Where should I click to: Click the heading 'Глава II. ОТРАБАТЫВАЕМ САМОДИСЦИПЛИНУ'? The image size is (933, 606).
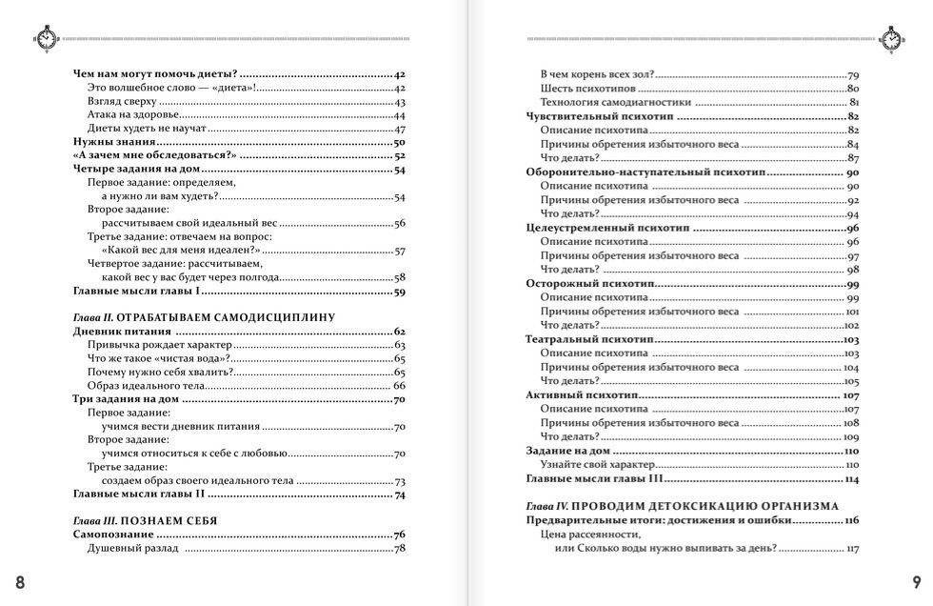point(208,316)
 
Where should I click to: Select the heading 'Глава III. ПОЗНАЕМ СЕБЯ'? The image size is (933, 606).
point(145,520)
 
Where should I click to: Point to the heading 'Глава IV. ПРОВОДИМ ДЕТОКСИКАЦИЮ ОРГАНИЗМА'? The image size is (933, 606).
point(682,506)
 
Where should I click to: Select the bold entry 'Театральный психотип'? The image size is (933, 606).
point(586,339)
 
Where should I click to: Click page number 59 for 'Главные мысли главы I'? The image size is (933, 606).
point(400,292)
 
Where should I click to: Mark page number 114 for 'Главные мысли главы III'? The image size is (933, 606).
point(851,478)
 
